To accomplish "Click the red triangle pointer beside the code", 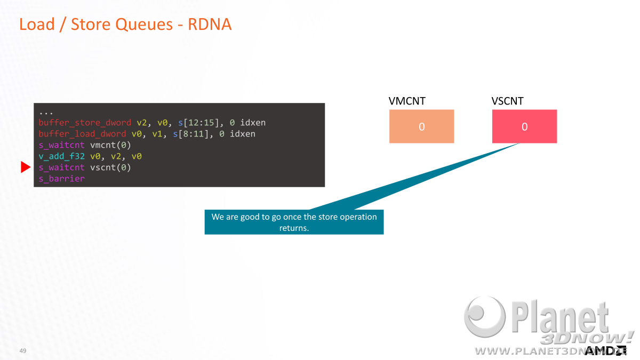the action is (26, 167).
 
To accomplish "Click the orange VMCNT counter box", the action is (421, 126).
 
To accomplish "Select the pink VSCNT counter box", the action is (524, 126).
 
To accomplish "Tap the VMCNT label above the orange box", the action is (407, 101).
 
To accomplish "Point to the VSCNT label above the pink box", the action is (507, 101).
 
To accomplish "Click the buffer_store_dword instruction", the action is (85, 123).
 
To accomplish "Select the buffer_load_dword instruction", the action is (82, 134).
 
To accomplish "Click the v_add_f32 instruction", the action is (62, 156).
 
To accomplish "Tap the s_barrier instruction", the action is (62, 179).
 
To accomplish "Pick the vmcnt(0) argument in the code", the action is (110, 145).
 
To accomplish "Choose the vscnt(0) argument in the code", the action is (110, 167).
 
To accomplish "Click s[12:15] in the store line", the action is (198, 123).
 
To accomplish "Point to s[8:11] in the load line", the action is (191, 134).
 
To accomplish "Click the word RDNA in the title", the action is (210, 25).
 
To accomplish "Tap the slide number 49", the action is (23, 350).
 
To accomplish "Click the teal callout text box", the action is (294, 222).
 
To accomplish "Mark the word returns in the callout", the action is (294, 228).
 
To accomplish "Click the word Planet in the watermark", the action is (559, 317).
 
